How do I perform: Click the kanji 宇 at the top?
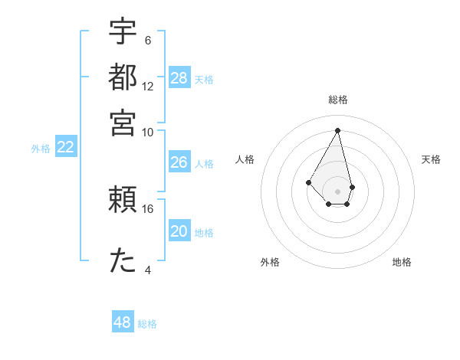pos(123,33)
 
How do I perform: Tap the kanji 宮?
pos(123,122)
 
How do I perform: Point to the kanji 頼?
pos(123,200)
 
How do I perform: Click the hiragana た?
pos(123,260)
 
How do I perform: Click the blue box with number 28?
pos(179,78)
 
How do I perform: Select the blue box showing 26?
pos(179,162)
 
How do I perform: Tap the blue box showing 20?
pos(179,231)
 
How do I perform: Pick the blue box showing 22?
pos(65,148)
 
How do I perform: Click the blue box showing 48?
pos(123,322)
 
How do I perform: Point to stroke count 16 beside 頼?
pos(148,208)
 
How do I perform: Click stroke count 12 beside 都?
pos(148,86)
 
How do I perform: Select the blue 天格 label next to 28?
pos(204,79)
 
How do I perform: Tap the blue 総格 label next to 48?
pos(147,324)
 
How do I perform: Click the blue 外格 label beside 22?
pos(41,149)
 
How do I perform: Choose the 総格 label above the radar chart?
pos(338,100)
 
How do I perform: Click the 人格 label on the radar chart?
pos(245,159)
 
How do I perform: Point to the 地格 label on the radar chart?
pos(402,262)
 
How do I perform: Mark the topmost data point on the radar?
pos(338,129)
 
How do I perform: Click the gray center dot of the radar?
pos(338,191)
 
